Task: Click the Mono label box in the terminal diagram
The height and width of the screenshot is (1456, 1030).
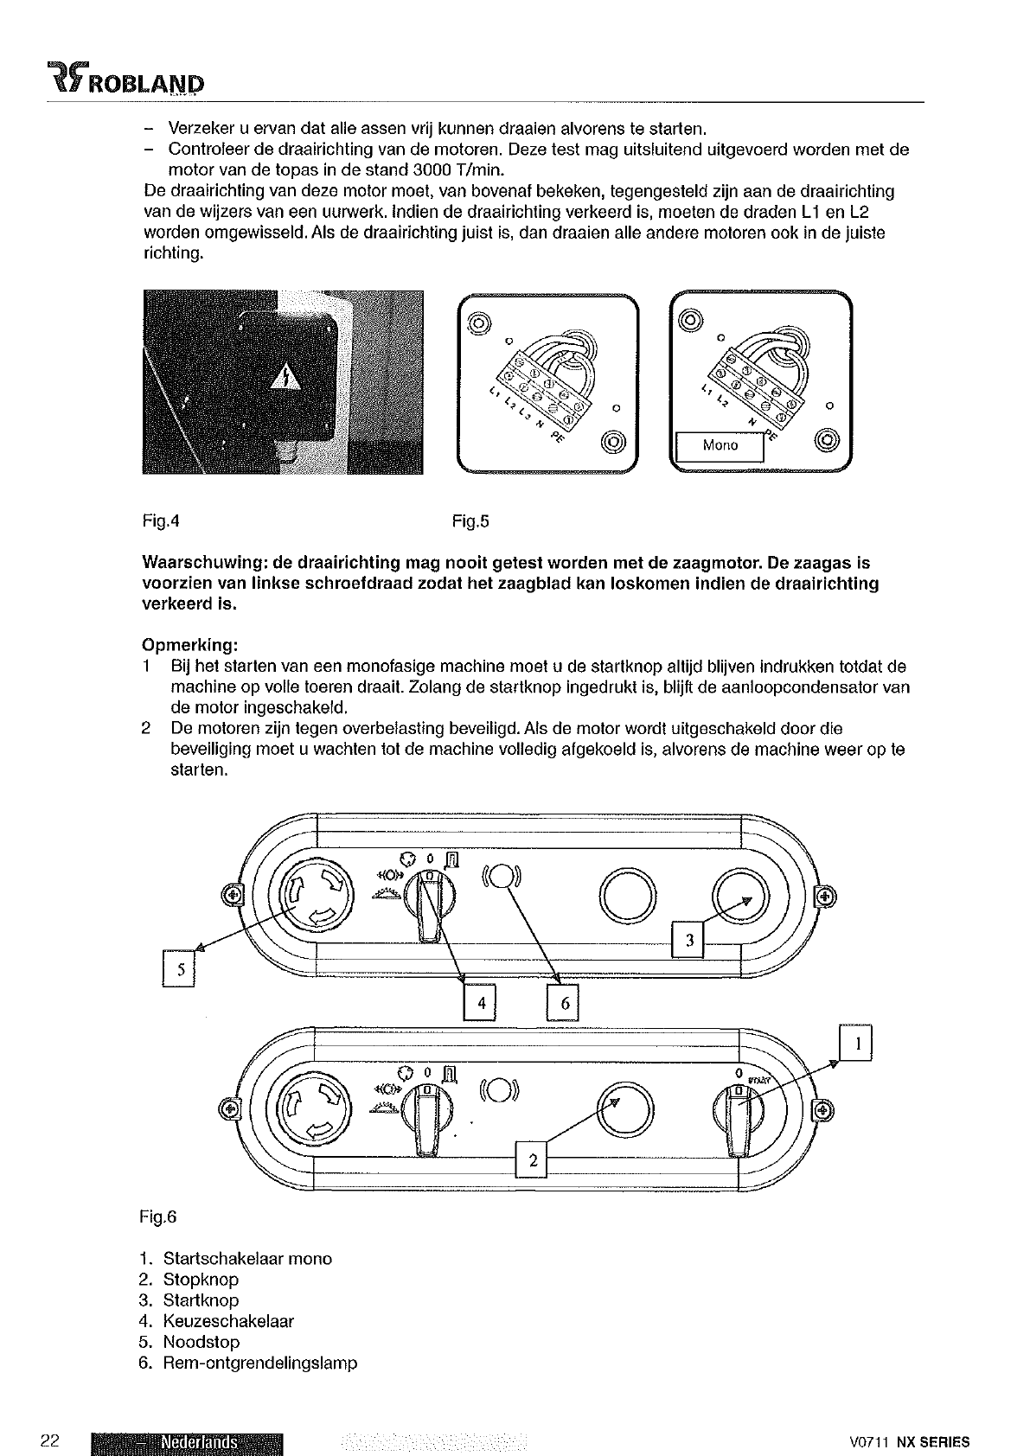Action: (x=720, y=445)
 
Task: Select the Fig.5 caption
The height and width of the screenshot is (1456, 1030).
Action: (x=470, y=521)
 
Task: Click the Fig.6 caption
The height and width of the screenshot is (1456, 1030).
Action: (x=157, y=1217)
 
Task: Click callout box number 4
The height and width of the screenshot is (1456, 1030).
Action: (x=481, y=1003)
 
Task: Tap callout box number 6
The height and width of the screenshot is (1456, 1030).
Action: (x=563, y=1003)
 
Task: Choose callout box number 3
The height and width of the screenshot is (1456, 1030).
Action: (x=689, y=942)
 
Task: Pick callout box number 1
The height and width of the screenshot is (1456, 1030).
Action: (x=856, y=1044)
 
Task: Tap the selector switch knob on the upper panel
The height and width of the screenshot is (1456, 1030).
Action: (x=426, y=905)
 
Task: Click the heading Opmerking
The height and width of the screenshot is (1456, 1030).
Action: (x=189, y=646)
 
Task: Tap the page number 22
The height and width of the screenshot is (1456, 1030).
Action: (x=49, y=1440)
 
